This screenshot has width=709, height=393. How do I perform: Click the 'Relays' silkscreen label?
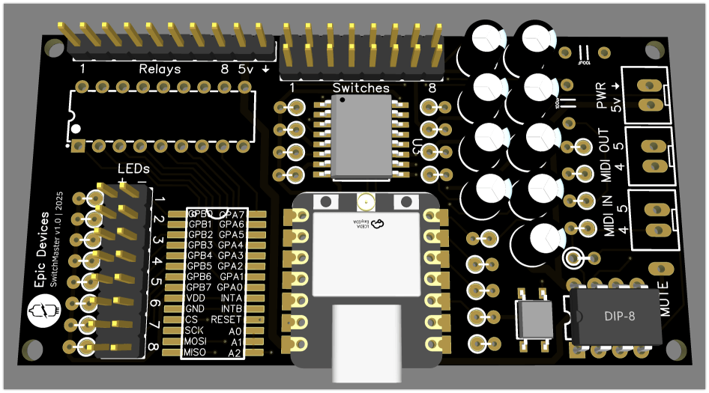coord(160,69)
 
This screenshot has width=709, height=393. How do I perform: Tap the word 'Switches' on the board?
coord(361,88)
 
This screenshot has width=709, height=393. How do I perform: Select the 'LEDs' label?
coord(133,169)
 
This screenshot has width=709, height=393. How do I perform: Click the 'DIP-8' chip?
coord(619,317)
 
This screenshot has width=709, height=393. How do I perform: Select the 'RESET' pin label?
coord(226,320)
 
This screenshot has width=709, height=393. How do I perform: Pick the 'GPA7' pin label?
coord(231,214)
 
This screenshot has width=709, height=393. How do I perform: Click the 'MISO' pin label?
coord(195,352)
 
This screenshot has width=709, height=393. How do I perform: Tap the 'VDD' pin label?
coord(195,298)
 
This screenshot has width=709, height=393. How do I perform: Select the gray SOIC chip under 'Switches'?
coord(361,138)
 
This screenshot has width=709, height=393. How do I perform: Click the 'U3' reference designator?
coord(417,147)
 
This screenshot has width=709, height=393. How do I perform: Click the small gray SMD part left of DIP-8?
coord(534,319)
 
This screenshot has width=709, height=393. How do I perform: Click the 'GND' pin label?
coord(195,308)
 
